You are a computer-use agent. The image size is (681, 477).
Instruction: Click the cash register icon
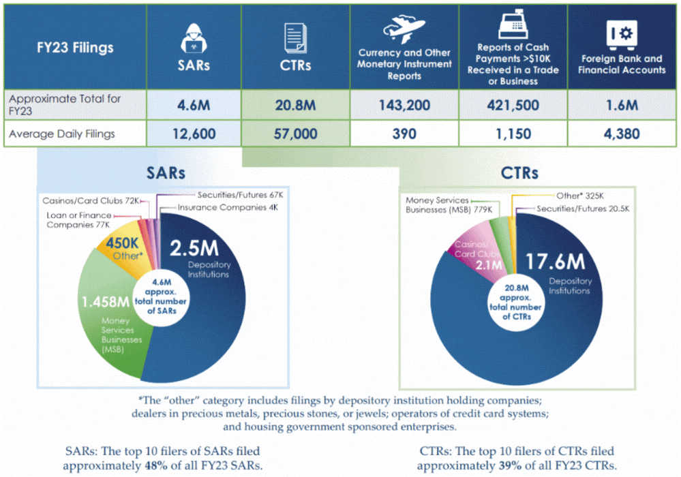click(x=513, y=25)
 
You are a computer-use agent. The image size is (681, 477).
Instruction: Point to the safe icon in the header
click(x=622, y=33)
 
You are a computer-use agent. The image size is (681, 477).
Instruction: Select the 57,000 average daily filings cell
click(x=296, y=134)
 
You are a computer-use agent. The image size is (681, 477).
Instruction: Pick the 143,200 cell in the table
click(x=404, y=106)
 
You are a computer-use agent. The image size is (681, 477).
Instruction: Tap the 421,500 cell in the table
click(x=513, y=106)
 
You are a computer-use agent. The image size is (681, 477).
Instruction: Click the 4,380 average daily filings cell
click(x=622, y=134)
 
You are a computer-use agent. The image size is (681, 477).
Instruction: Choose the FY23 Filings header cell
click(x=75, y=48)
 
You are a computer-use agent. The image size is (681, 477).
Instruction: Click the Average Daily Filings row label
click(x=62, y=134)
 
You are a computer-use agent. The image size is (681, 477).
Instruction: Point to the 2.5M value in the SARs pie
click(x=195, y=248)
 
